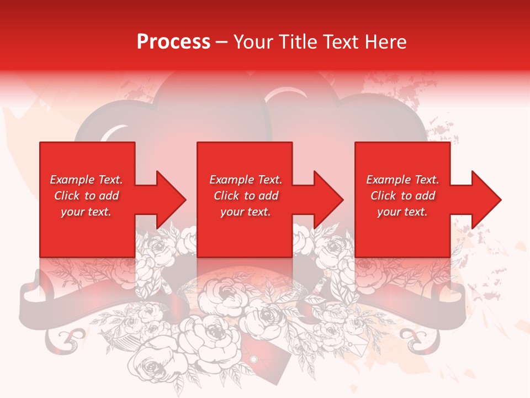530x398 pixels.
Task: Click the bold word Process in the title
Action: coord(173,42)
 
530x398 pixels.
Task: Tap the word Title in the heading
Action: coord(298,42)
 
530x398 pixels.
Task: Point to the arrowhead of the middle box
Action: coord(326,200)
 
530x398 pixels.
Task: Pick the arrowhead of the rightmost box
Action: coord(484,200)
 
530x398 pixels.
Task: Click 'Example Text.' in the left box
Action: coord(86,180)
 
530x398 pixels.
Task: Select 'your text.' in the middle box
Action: coord(245,212)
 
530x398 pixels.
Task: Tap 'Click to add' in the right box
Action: coord(402,196)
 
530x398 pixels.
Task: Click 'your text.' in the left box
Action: coord(86,212)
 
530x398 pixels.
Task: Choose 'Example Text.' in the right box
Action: coord(402,180)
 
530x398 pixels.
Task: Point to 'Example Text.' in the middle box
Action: coord(245,180)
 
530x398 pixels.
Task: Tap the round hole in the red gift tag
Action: coord(253,360)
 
